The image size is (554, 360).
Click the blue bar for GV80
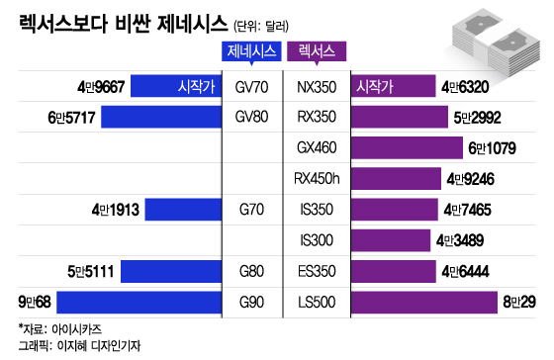pos(161,117)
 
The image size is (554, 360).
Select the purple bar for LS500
pos(424,302)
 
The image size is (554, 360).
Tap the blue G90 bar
pos(139,302)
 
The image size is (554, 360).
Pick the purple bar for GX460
pos(407,147)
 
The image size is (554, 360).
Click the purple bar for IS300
pos(391,240)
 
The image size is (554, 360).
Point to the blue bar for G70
pos(183,210)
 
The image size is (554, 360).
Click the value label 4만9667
pos(101,87)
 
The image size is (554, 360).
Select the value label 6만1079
pos(493,148)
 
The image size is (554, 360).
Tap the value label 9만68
pos(35,303)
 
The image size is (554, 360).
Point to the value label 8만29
pos(519,303)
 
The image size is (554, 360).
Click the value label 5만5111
pos(91,272)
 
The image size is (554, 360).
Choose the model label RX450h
pos(317,179)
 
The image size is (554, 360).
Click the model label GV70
pos(251,87)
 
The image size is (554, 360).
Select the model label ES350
pos(317,271)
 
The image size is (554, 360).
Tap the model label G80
pos(251,271)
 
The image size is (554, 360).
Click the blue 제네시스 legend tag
pos(251,52)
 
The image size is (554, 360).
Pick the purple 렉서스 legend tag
pos(317,52)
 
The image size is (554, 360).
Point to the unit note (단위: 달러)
pos(261,26)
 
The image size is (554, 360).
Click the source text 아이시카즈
pos(77,329)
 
